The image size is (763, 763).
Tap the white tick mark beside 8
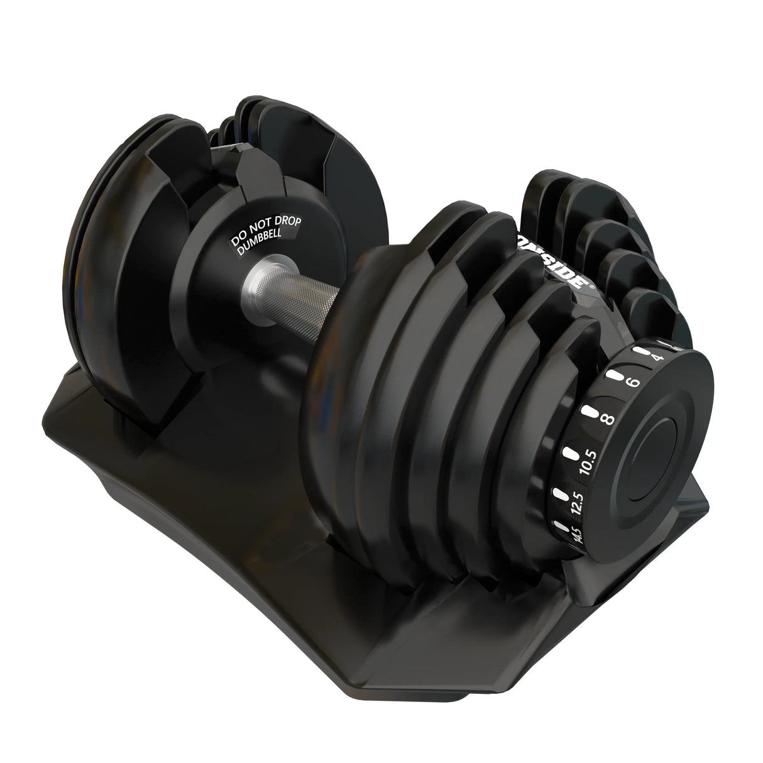click(x=590, y=412)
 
